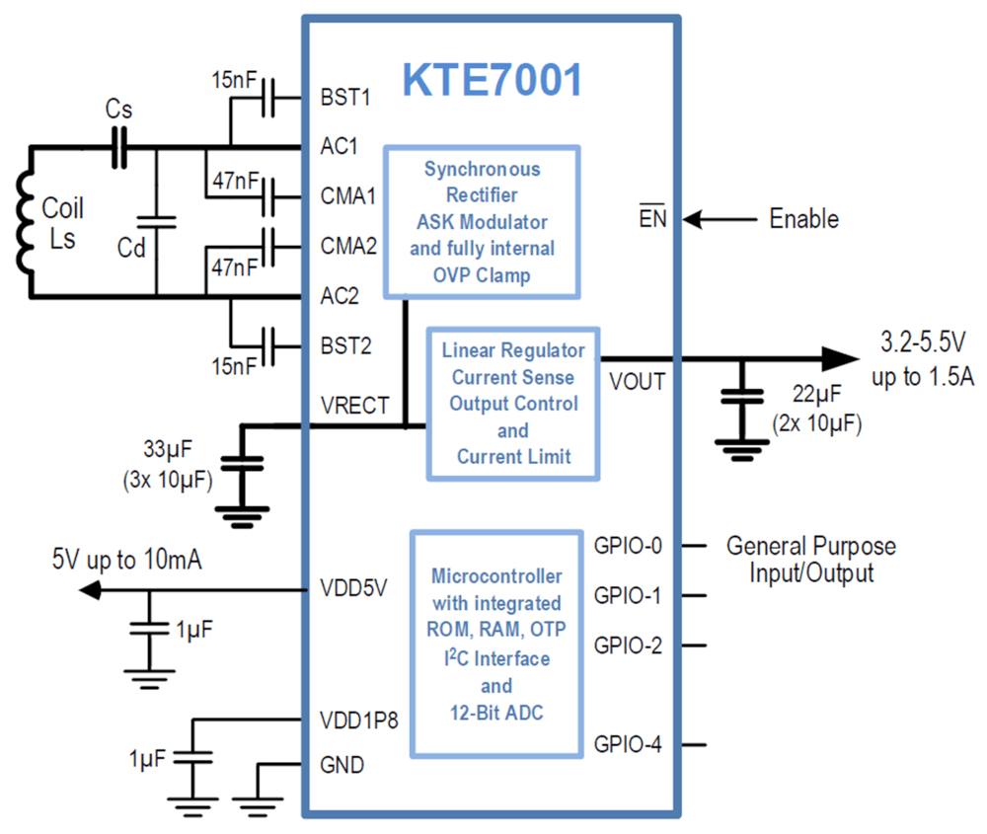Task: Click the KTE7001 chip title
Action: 493,80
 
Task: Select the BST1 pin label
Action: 344,97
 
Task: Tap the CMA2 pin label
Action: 348,246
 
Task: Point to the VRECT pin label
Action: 354,405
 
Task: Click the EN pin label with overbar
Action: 652,217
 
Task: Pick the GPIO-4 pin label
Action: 628,744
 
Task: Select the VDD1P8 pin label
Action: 359,720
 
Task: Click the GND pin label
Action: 342,765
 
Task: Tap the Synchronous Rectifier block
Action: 483,222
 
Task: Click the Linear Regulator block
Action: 513,404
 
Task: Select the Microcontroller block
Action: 496,644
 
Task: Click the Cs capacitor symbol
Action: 119,148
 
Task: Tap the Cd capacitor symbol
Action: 156,222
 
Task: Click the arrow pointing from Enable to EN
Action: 720,219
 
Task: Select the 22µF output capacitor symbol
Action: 742,396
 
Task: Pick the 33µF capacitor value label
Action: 168,449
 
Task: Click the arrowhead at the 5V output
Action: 90,590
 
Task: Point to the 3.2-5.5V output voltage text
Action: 923,341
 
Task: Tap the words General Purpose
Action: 810,546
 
